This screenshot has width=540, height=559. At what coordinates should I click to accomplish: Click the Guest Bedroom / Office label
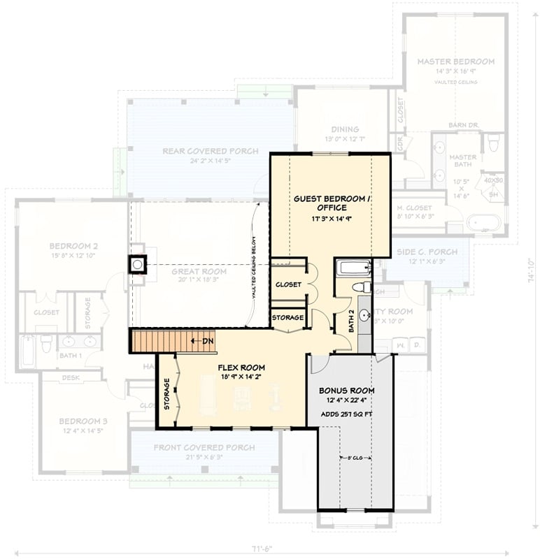click(x=330, y=203)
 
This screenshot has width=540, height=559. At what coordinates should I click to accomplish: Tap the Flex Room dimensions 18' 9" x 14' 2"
click(x=241, y=377)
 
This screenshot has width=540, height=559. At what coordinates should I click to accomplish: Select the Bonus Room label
click(x=346, y=390)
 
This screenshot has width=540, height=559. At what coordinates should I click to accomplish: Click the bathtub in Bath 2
click(x=353, y=268)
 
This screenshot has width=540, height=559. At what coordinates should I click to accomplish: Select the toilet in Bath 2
click(x=361, y=286)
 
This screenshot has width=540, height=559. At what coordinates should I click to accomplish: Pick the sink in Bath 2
click(x=364, y=315)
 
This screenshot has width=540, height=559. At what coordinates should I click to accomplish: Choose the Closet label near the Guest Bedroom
click(x=288, y=284)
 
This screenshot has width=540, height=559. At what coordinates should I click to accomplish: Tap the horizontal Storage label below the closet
click(x=288, y=318)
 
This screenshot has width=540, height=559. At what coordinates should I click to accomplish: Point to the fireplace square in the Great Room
click(x=138, y=263)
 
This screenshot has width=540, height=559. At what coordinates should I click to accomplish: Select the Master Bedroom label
click(x=455, y=61)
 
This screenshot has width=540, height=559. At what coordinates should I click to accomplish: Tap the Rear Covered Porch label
click(x=210, y=151)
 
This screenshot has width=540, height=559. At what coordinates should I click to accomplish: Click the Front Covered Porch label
click(x=204, y=447)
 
